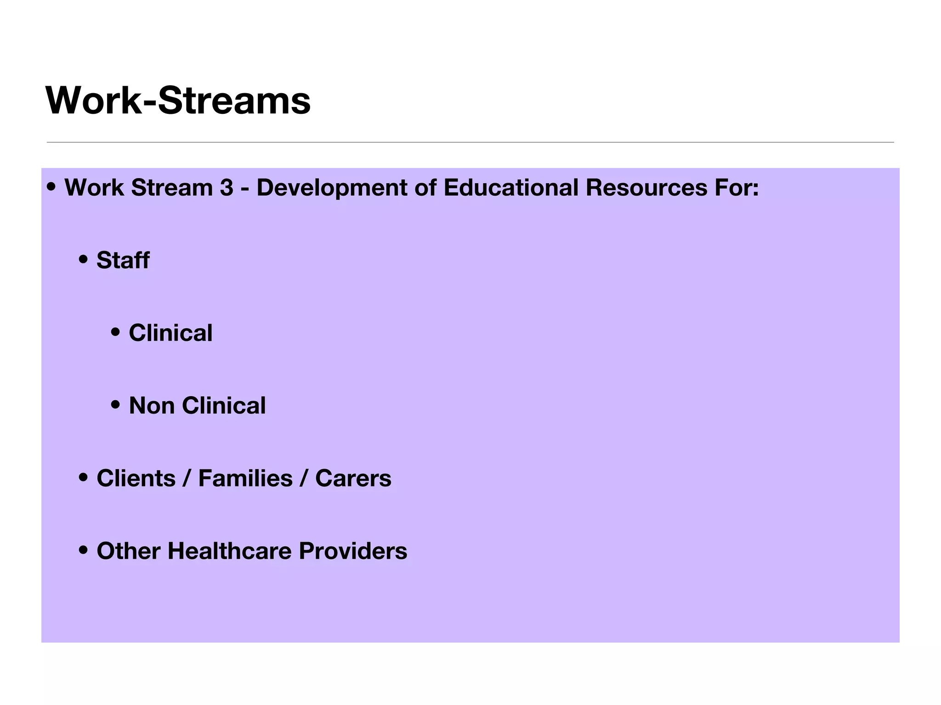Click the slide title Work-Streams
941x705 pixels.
click(178, 101)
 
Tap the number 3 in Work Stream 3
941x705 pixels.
click(227, 188)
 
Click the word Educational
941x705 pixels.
click(510, 188)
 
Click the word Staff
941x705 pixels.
click(123, 260)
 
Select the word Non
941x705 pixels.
click(151, 406)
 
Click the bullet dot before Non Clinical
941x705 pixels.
click(115, 405)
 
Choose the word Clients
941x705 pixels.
click(136, 478)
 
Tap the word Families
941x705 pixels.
click(245, 478)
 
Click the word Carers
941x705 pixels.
click(353, 478)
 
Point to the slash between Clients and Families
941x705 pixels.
click(187, 478)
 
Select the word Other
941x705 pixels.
click(128, 551)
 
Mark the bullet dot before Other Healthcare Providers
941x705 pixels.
click(83, 550)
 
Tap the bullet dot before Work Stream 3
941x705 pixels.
click(51, 187)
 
